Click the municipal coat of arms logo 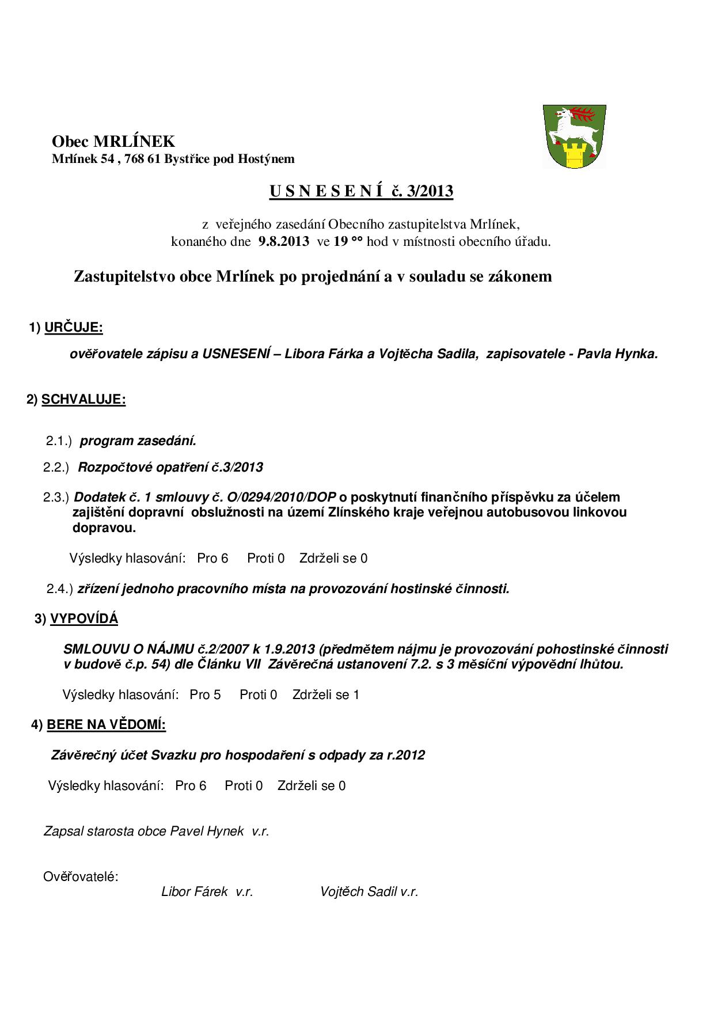click(x=574, y=136)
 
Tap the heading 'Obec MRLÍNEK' click(x=113, y=142)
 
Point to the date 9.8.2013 click(x=284, y=241)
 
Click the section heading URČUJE click(x=74, y=328)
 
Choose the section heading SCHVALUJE click(x=83, y=400)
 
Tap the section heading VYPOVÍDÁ click(x=84, y=619)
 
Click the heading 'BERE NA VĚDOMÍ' click(x=107, y=725)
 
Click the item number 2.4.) click(x=60, y=589)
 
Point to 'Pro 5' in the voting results click(x=205, y=695)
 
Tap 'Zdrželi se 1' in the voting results click(x=326, y=695)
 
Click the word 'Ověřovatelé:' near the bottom click(x=81, y=877)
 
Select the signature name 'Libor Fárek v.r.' click(x=207, y=892)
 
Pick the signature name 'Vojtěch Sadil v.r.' click(x=369, y=892)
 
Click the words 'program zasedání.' click(x=138, y=441)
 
